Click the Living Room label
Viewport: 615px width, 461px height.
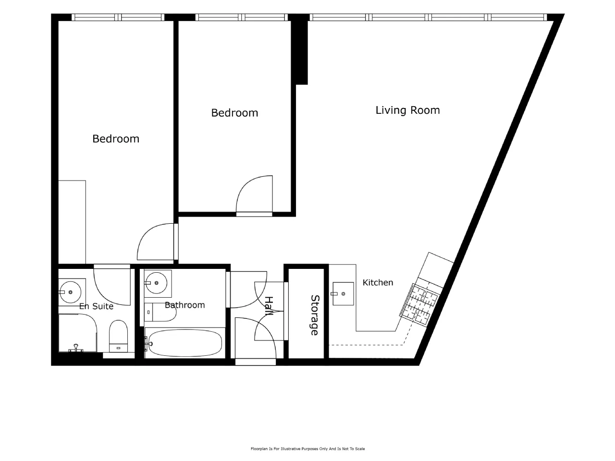(x=407, y=110)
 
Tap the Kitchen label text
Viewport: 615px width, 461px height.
(x=378, y=282)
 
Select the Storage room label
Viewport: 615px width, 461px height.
(x=315, y=315)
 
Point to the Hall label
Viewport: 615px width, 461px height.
(x=269, y=306)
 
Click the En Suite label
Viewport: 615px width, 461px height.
(x=96, y=306)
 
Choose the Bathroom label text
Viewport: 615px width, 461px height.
(x=184, y=305)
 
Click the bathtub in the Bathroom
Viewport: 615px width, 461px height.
(x=185, y=343)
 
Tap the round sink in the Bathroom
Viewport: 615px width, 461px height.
(x=156, y=283)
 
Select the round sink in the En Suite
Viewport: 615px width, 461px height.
(x=71, y=292)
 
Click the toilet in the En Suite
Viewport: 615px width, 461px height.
(x=118, y=336)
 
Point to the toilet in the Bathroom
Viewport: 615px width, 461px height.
(x=160, y=312)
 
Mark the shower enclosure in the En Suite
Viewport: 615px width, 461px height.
(x=77, y=333)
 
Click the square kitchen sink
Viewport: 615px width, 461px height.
(x=343, y=293)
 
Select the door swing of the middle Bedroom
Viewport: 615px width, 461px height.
(x=254, y=194)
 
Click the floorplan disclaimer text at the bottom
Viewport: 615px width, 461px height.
(x=307, y=449)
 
